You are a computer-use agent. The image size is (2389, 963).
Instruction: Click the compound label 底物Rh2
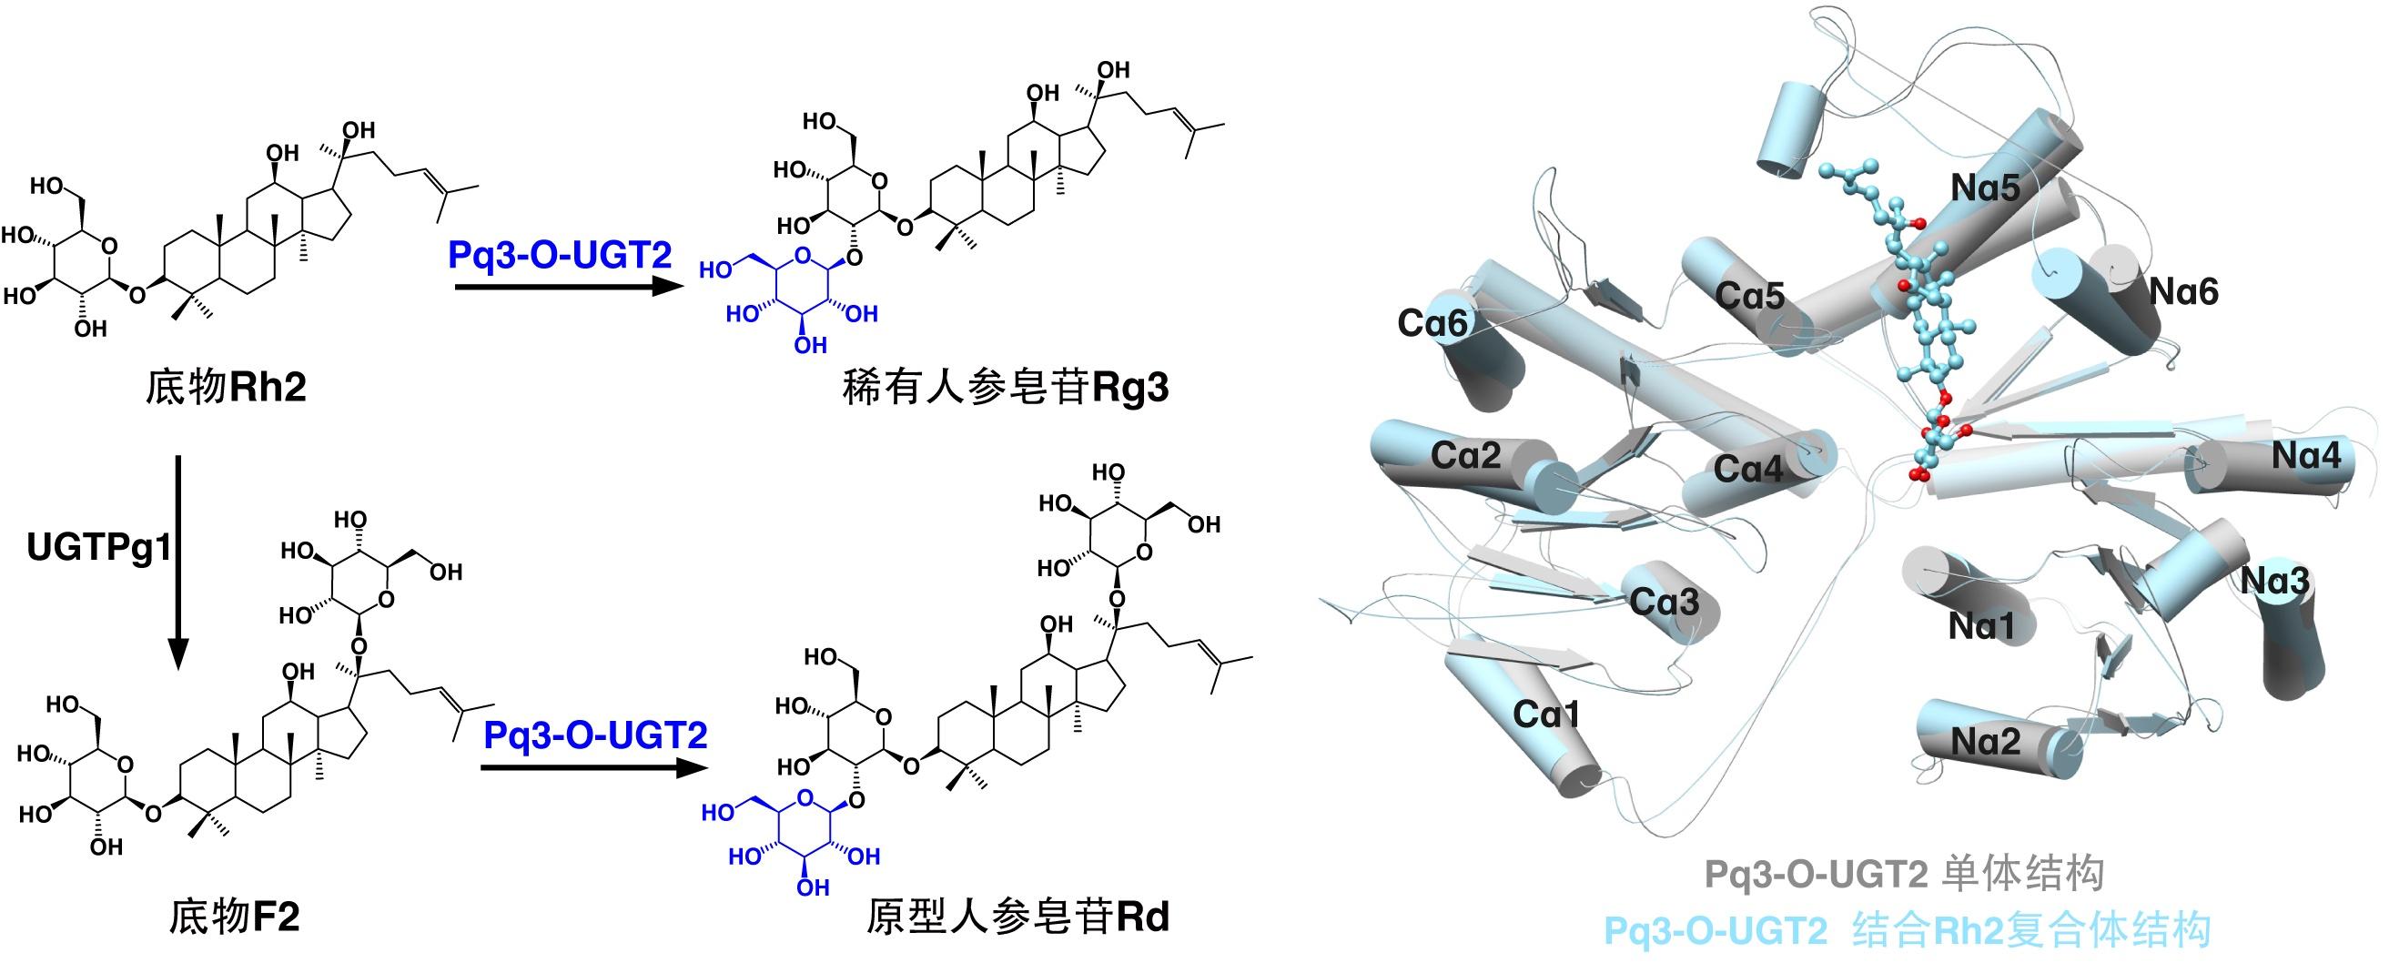point(226,386)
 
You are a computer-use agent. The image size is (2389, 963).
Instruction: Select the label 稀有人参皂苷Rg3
point(1006,388)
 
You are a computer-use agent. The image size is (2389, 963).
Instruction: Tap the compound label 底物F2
point(234,917)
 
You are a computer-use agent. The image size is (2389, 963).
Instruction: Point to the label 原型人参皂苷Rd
point(1017,917)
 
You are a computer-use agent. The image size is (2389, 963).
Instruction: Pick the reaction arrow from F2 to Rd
point(590,767)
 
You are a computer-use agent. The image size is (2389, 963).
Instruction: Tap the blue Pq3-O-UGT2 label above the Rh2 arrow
point(559,254)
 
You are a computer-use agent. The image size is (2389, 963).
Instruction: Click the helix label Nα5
point(1985,188)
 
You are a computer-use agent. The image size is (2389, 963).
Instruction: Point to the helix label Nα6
point(2183,292)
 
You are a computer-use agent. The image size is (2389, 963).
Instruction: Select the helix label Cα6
point(1432,323)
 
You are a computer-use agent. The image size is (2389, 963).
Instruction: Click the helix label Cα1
point(1546,714)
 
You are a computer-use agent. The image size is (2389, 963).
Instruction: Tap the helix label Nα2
point(1985,741)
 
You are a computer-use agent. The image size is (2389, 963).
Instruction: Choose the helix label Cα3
point(1664,603)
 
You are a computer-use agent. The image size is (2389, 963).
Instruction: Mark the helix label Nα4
point(2305,455)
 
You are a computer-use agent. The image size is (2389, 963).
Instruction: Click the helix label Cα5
point(1749,296)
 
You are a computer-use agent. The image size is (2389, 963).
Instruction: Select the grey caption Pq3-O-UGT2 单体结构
point(1903,875)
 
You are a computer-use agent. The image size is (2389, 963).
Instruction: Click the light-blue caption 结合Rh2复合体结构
point(2031,930)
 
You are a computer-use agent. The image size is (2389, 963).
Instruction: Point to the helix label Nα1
point(1981,627)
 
